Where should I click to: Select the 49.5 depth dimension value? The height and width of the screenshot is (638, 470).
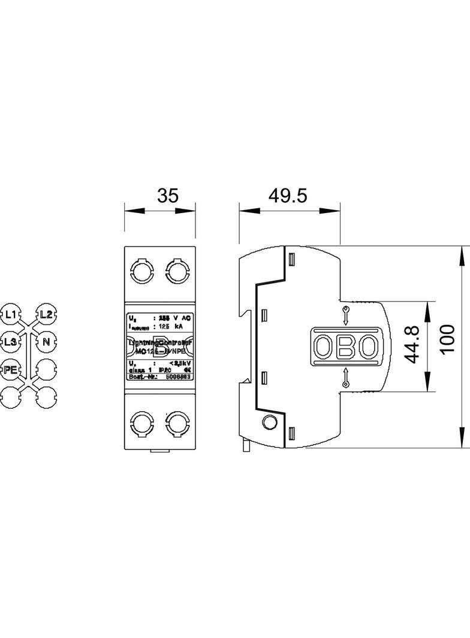(287, 196)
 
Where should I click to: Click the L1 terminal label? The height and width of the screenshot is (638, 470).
(11, 313)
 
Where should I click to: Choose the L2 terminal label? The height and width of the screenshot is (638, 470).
(46, 313)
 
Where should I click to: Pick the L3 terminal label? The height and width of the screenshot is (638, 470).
(11, 342)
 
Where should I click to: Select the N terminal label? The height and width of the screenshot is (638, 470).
(46, 342)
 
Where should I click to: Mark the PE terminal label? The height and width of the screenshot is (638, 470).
(11, 369)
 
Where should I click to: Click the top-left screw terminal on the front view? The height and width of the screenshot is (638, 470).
(142, 271)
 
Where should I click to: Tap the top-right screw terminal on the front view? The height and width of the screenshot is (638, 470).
(177, 271)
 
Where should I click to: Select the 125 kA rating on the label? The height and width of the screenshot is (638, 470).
(169, 327)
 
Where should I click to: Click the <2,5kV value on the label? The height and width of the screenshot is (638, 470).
(179, 363)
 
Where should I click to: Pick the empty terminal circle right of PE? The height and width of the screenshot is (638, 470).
(46, 369)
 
